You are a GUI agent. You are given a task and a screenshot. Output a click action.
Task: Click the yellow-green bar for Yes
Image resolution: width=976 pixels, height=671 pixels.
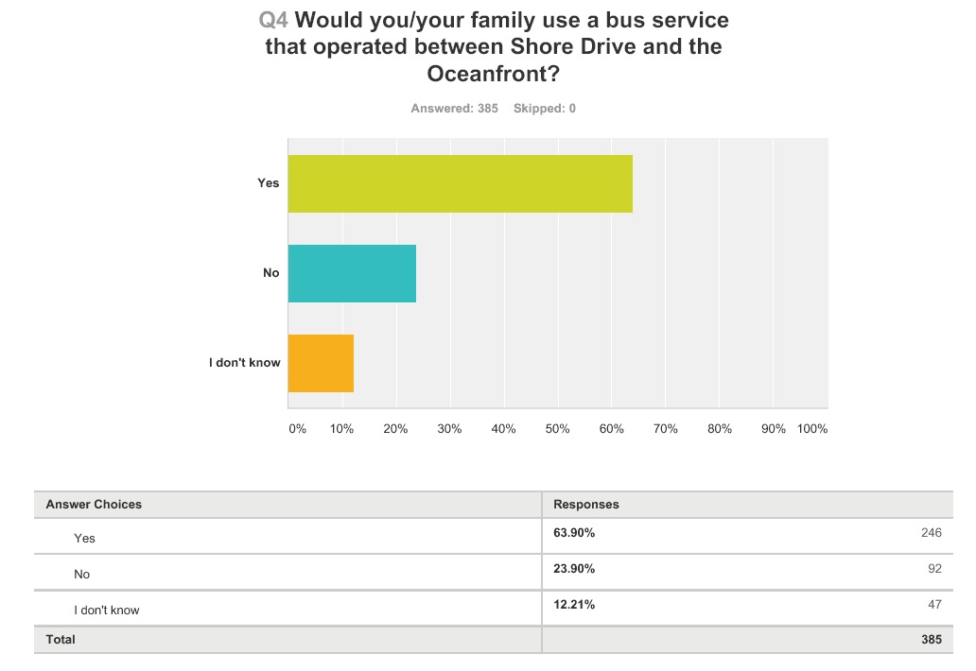click(460, 183)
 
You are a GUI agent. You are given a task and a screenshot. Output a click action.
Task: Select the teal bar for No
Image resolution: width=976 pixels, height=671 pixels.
click(352, 273)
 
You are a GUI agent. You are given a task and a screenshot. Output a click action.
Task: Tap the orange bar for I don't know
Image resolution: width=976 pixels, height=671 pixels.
click(321, 363)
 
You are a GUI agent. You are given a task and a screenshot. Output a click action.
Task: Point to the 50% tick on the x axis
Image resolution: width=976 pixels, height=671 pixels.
click(557, 429)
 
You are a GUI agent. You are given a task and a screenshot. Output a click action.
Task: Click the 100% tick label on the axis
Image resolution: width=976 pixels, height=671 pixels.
click(812, 429)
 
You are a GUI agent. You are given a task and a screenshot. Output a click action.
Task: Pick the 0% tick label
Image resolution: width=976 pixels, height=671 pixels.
click(297, 429)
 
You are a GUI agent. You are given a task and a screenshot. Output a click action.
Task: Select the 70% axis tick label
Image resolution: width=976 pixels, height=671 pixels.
click(665, 429)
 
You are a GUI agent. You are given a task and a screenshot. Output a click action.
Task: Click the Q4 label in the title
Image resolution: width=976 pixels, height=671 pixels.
click(273, 20)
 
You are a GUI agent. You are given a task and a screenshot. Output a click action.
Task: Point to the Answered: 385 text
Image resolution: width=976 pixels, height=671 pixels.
click(454, 109)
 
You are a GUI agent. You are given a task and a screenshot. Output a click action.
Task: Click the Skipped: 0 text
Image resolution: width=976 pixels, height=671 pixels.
click(545, 109)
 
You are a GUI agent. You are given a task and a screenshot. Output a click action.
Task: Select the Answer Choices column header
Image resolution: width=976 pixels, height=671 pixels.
click(94, 505)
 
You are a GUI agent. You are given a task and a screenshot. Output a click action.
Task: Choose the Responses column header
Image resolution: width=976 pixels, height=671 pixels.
click(586, 505)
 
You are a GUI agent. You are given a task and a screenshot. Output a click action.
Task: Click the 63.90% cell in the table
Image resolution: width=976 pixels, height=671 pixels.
click(574, 533)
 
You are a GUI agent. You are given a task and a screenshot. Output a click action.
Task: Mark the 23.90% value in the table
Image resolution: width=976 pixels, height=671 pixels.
click(574, 569)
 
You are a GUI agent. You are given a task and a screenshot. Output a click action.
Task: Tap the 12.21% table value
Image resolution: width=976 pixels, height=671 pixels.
click(574, 605)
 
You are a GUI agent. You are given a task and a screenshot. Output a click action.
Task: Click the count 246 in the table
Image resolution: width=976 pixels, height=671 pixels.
click(931, 533)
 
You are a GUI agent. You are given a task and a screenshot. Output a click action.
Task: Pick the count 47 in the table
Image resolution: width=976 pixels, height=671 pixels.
click(934, 605)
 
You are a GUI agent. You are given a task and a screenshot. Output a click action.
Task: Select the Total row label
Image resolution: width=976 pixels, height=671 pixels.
click(61, 640)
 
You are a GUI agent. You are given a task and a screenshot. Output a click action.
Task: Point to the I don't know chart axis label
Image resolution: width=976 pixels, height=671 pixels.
click(245, 363)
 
